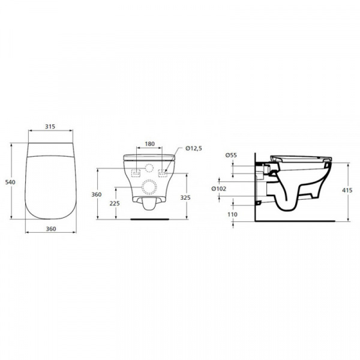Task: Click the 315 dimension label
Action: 50,127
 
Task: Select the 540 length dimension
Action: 10,182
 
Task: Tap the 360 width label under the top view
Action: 51,229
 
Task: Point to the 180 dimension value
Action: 149,144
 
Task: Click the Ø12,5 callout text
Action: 194,149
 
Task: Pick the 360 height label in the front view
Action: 97,194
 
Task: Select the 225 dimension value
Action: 115,203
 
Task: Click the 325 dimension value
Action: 185,197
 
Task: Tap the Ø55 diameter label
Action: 231,155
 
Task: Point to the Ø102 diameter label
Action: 218,189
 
